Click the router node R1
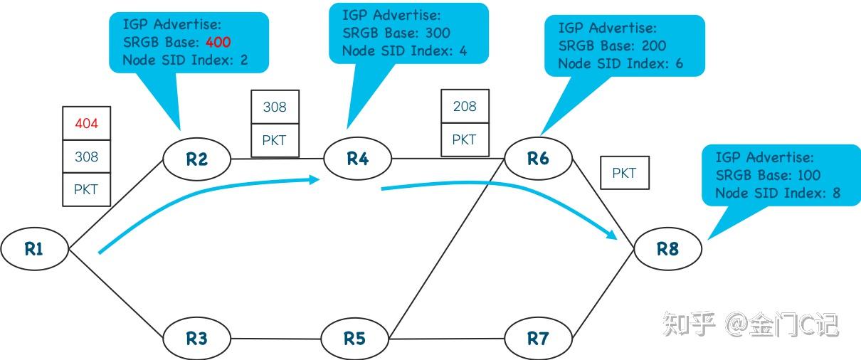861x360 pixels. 34,249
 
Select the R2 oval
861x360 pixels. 197,159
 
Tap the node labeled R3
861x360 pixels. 197,338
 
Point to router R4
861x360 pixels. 357,159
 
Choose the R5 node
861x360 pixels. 354,338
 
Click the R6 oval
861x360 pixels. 538,159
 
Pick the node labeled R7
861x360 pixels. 538,338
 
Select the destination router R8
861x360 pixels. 667,249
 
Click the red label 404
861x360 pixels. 86,124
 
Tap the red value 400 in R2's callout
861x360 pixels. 218,42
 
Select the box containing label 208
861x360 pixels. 465,107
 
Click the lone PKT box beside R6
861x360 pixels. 624,173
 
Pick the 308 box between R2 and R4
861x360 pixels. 275,107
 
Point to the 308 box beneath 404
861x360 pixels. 86,157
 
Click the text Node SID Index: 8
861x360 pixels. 778,193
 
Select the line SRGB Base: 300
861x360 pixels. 396,33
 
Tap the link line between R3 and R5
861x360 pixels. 275,339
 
